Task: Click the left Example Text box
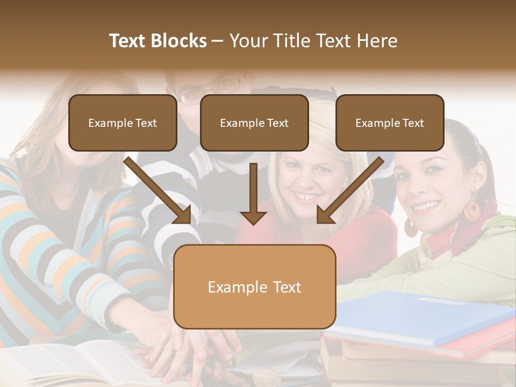pos(123,123)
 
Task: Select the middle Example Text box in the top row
pos(254,123)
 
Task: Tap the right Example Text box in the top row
pos(390,123)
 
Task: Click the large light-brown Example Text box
pos(254,286)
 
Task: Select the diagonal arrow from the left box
pos(159,191)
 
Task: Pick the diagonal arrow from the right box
pos(349,191)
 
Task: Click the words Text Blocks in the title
pos(157,41)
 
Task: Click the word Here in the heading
pos(378,41)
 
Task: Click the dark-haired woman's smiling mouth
pos(426,206)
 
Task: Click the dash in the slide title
pos(218,41)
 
